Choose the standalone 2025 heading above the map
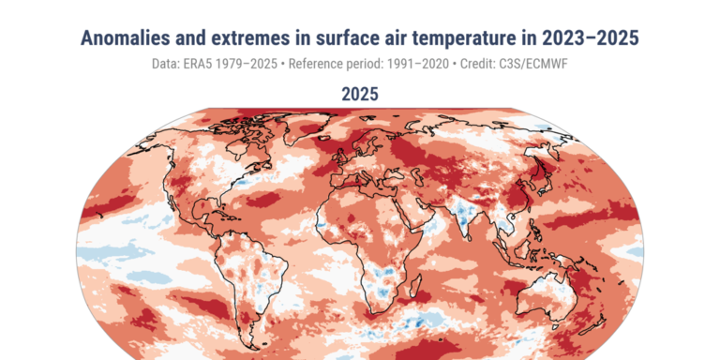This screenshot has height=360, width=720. click(x=360, y=95)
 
